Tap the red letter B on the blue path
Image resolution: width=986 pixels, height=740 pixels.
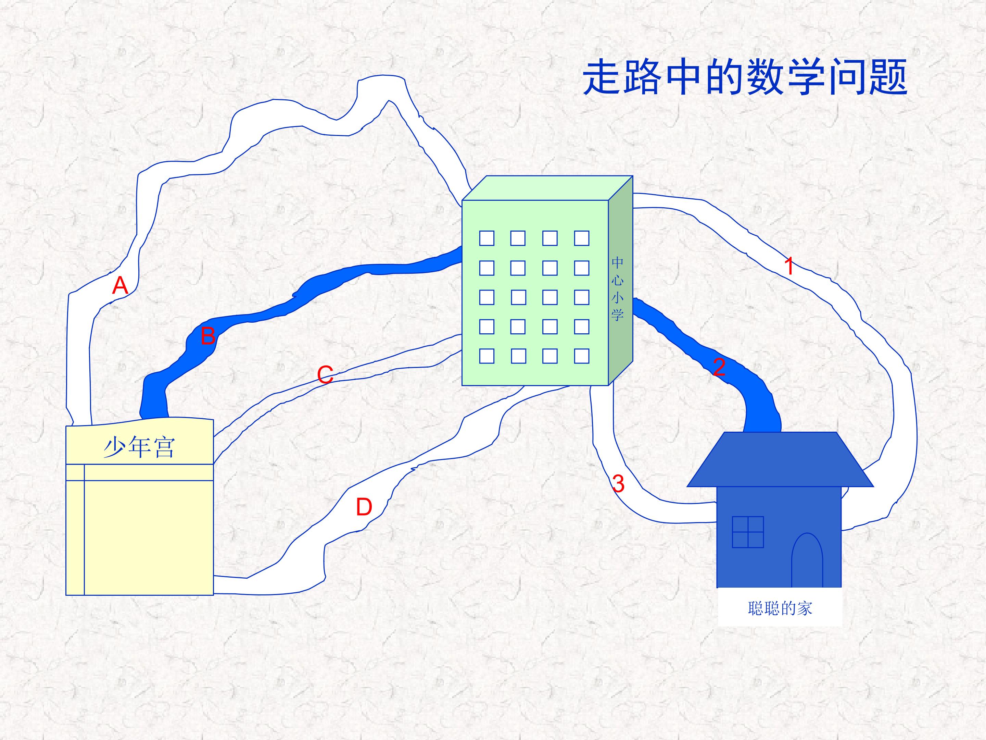point(208,336)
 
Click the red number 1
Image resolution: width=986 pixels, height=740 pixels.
point(789,266)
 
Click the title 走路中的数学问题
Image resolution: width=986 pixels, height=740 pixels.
point(745,78)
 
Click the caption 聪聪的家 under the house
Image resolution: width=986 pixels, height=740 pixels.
point(780,608)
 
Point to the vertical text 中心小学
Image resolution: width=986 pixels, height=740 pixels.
point(617,288)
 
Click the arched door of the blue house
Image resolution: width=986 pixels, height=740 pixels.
point(807,560)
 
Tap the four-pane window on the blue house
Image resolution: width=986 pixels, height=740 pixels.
point(748,532)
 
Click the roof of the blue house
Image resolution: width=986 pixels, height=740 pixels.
point(780,459)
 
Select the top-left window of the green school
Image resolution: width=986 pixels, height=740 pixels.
point(487,238)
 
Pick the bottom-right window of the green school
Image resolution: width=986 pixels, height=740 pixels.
point(582,356)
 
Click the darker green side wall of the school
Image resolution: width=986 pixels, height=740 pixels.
point(620,280)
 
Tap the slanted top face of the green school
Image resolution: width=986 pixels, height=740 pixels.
point(547,188)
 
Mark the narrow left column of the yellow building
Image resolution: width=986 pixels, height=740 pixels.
point(75,529)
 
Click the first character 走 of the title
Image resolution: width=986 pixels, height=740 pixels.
point(602,78)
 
